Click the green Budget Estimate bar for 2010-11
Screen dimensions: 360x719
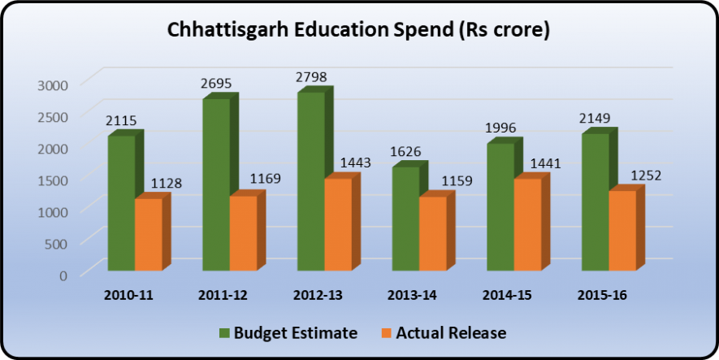[x=121, y=203]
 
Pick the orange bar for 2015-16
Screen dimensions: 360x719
[x=622, y=231]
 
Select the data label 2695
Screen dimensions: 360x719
[x=216, y=84]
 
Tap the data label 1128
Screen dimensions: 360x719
[x=165, y=184]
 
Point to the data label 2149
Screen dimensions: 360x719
[x=594, y=119]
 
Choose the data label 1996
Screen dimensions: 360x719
[x=500, y=128]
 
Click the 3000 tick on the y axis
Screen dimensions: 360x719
[x=54, y=83]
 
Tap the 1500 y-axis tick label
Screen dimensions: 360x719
[x=54, y=179]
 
